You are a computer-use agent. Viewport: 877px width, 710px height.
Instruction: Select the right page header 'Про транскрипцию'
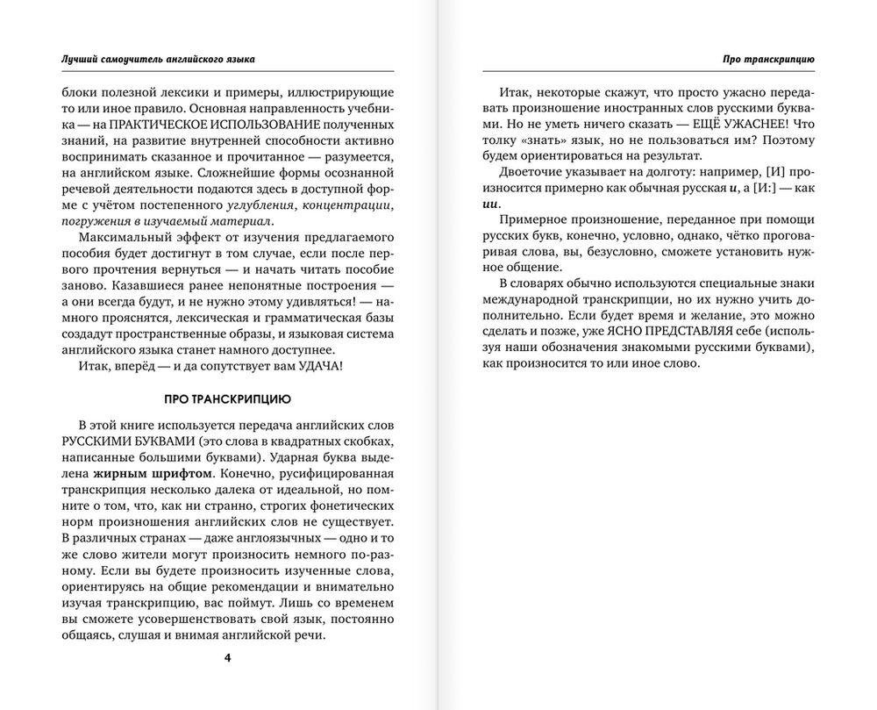(x=768, y=59)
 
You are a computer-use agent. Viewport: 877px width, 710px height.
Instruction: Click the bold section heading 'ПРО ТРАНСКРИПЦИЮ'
(x=228, y=398)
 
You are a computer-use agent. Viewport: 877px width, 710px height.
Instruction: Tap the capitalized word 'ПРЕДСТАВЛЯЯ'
(x=707, y=333)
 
